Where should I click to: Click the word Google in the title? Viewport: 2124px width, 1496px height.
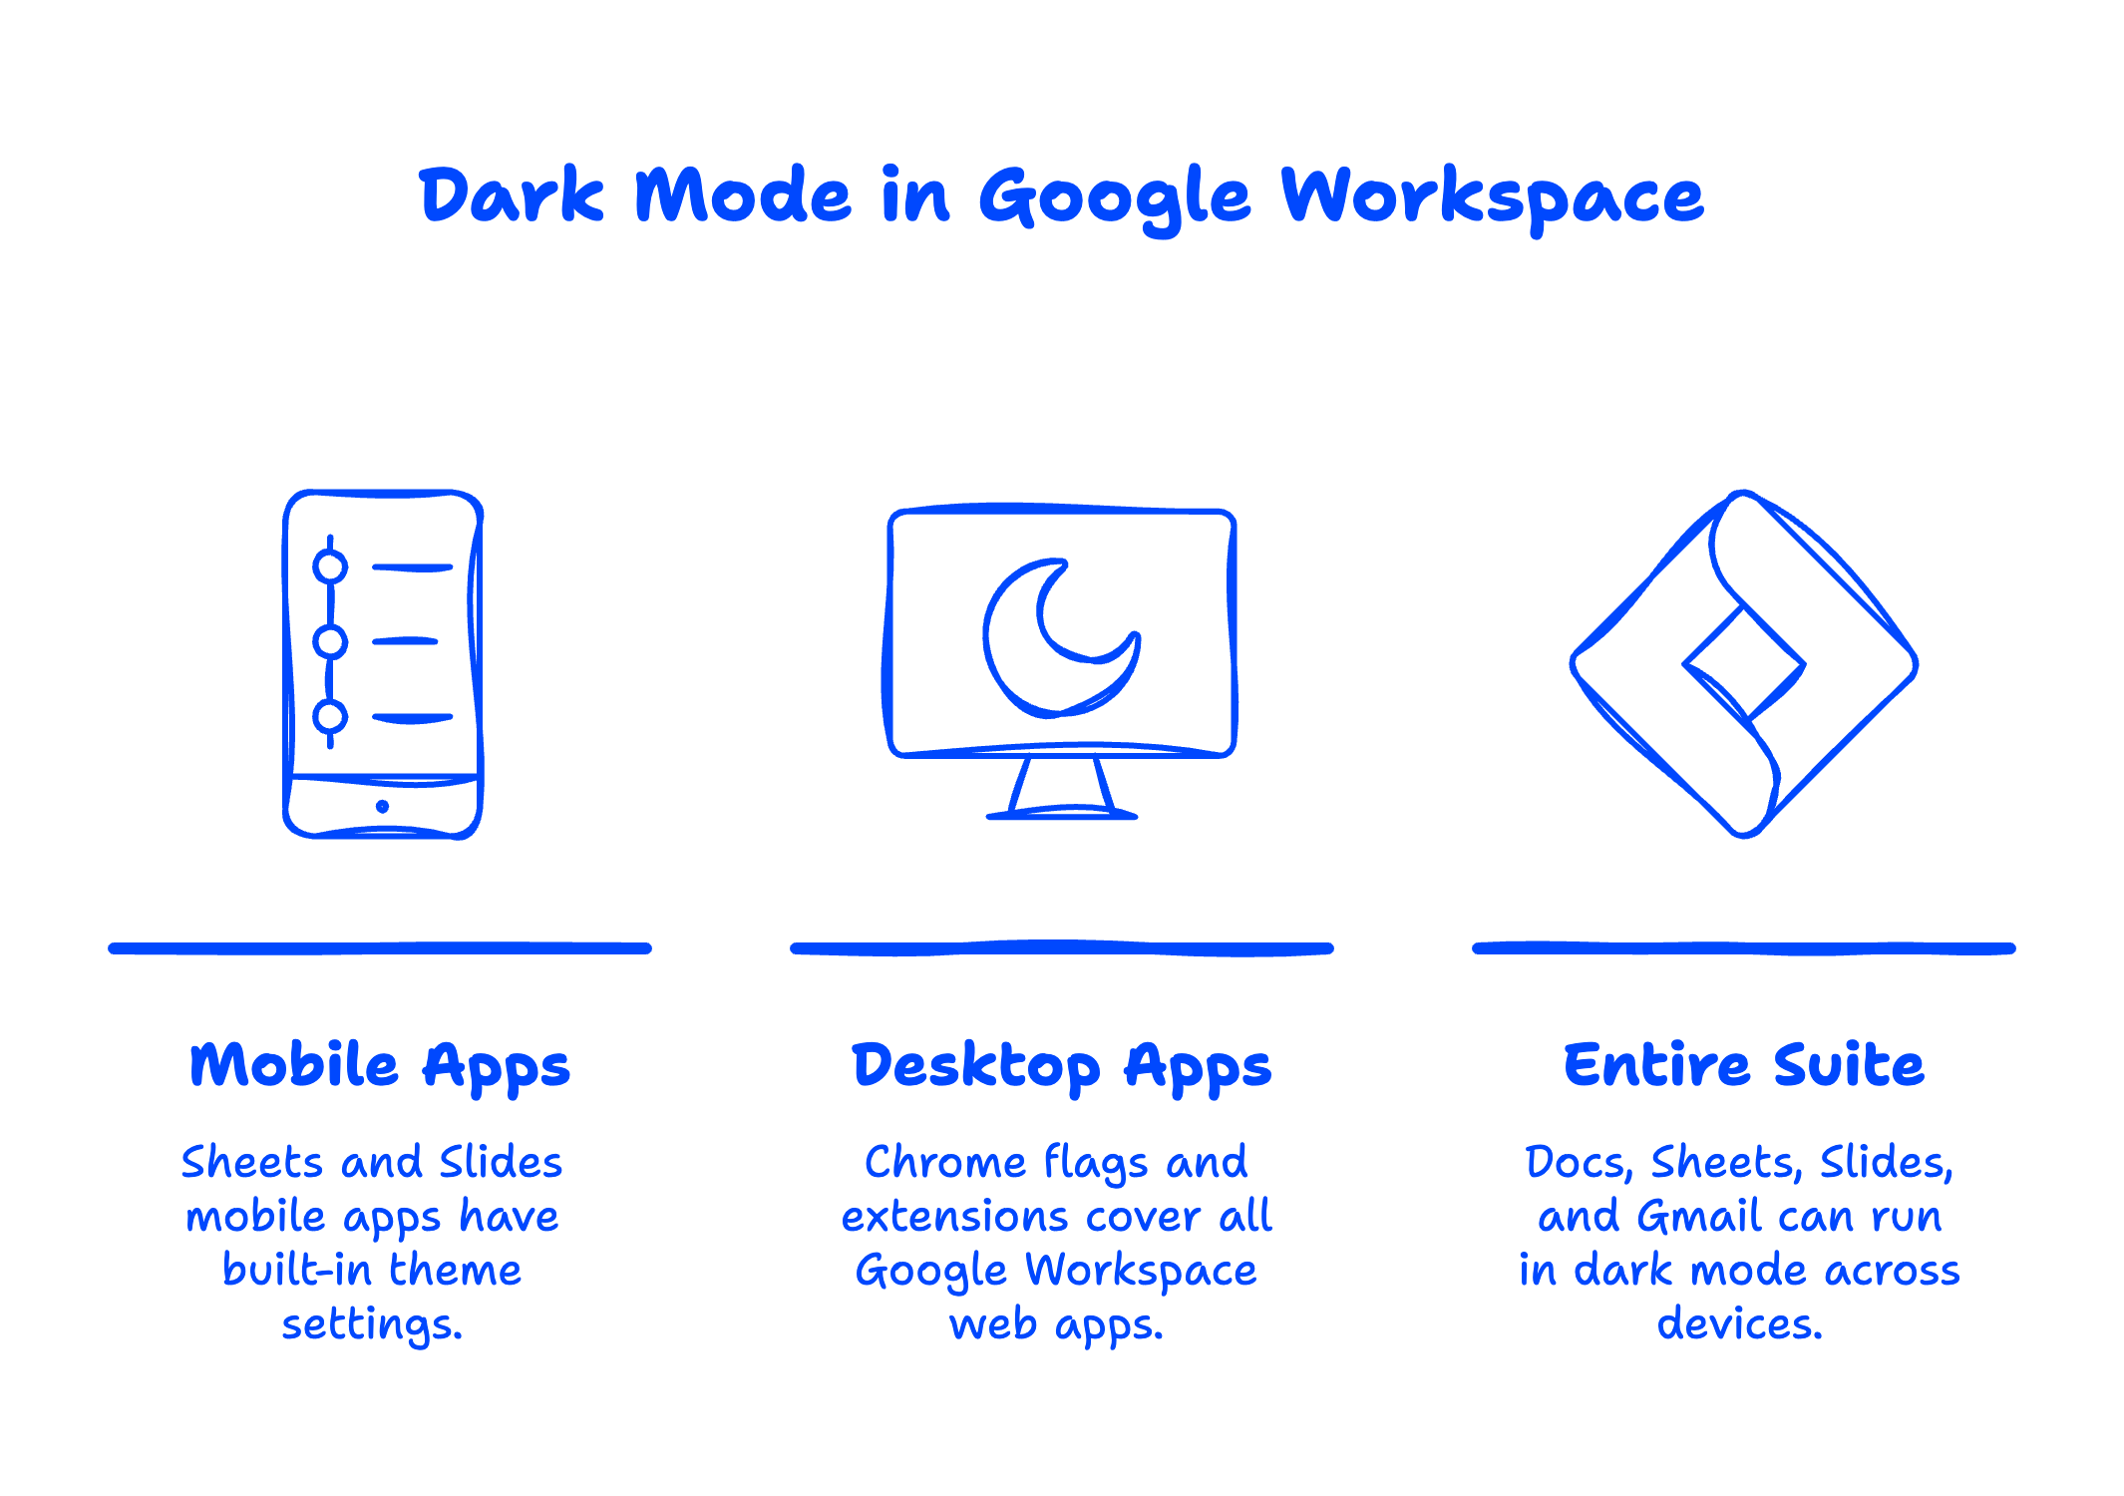[x=1114, y=196]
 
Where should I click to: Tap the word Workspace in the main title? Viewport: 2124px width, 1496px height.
[x=1492, y=196]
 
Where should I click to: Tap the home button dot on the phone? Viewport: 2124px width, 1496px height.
[x=383, y=806]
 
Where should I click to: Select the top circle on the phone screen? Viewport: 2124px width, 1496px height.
[x=330, y=566]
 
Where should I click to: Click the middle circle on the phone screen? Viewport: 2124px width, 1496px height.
[x=330, y=641]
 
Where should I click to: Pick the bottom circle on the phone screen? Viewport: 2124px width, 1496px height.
[x=330, y=716]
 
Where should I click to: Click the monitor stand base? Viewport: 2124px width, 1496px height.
[x=1061, y=814]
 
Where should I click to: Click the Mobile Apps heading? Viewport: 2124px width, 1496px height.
[x=380, y=1065]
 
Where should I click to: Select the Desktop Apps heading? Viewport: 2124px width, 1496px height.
[x=1061, y=1065]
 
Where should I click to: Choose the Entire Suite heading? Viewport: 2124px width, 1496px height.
[x=1743, y=1064]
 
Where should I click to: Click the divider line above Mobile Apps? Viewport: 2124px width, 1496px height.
[x=380, y=948]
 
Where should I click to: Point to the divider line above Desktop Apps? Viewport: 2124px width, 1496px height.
[x=1061, y=948]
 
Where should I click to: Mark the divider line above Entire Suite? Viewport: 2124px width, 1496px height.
[x=1743, y=948]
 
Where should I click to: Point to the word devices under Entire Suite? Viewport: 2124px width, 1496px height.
[x=1739, y=1324]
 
